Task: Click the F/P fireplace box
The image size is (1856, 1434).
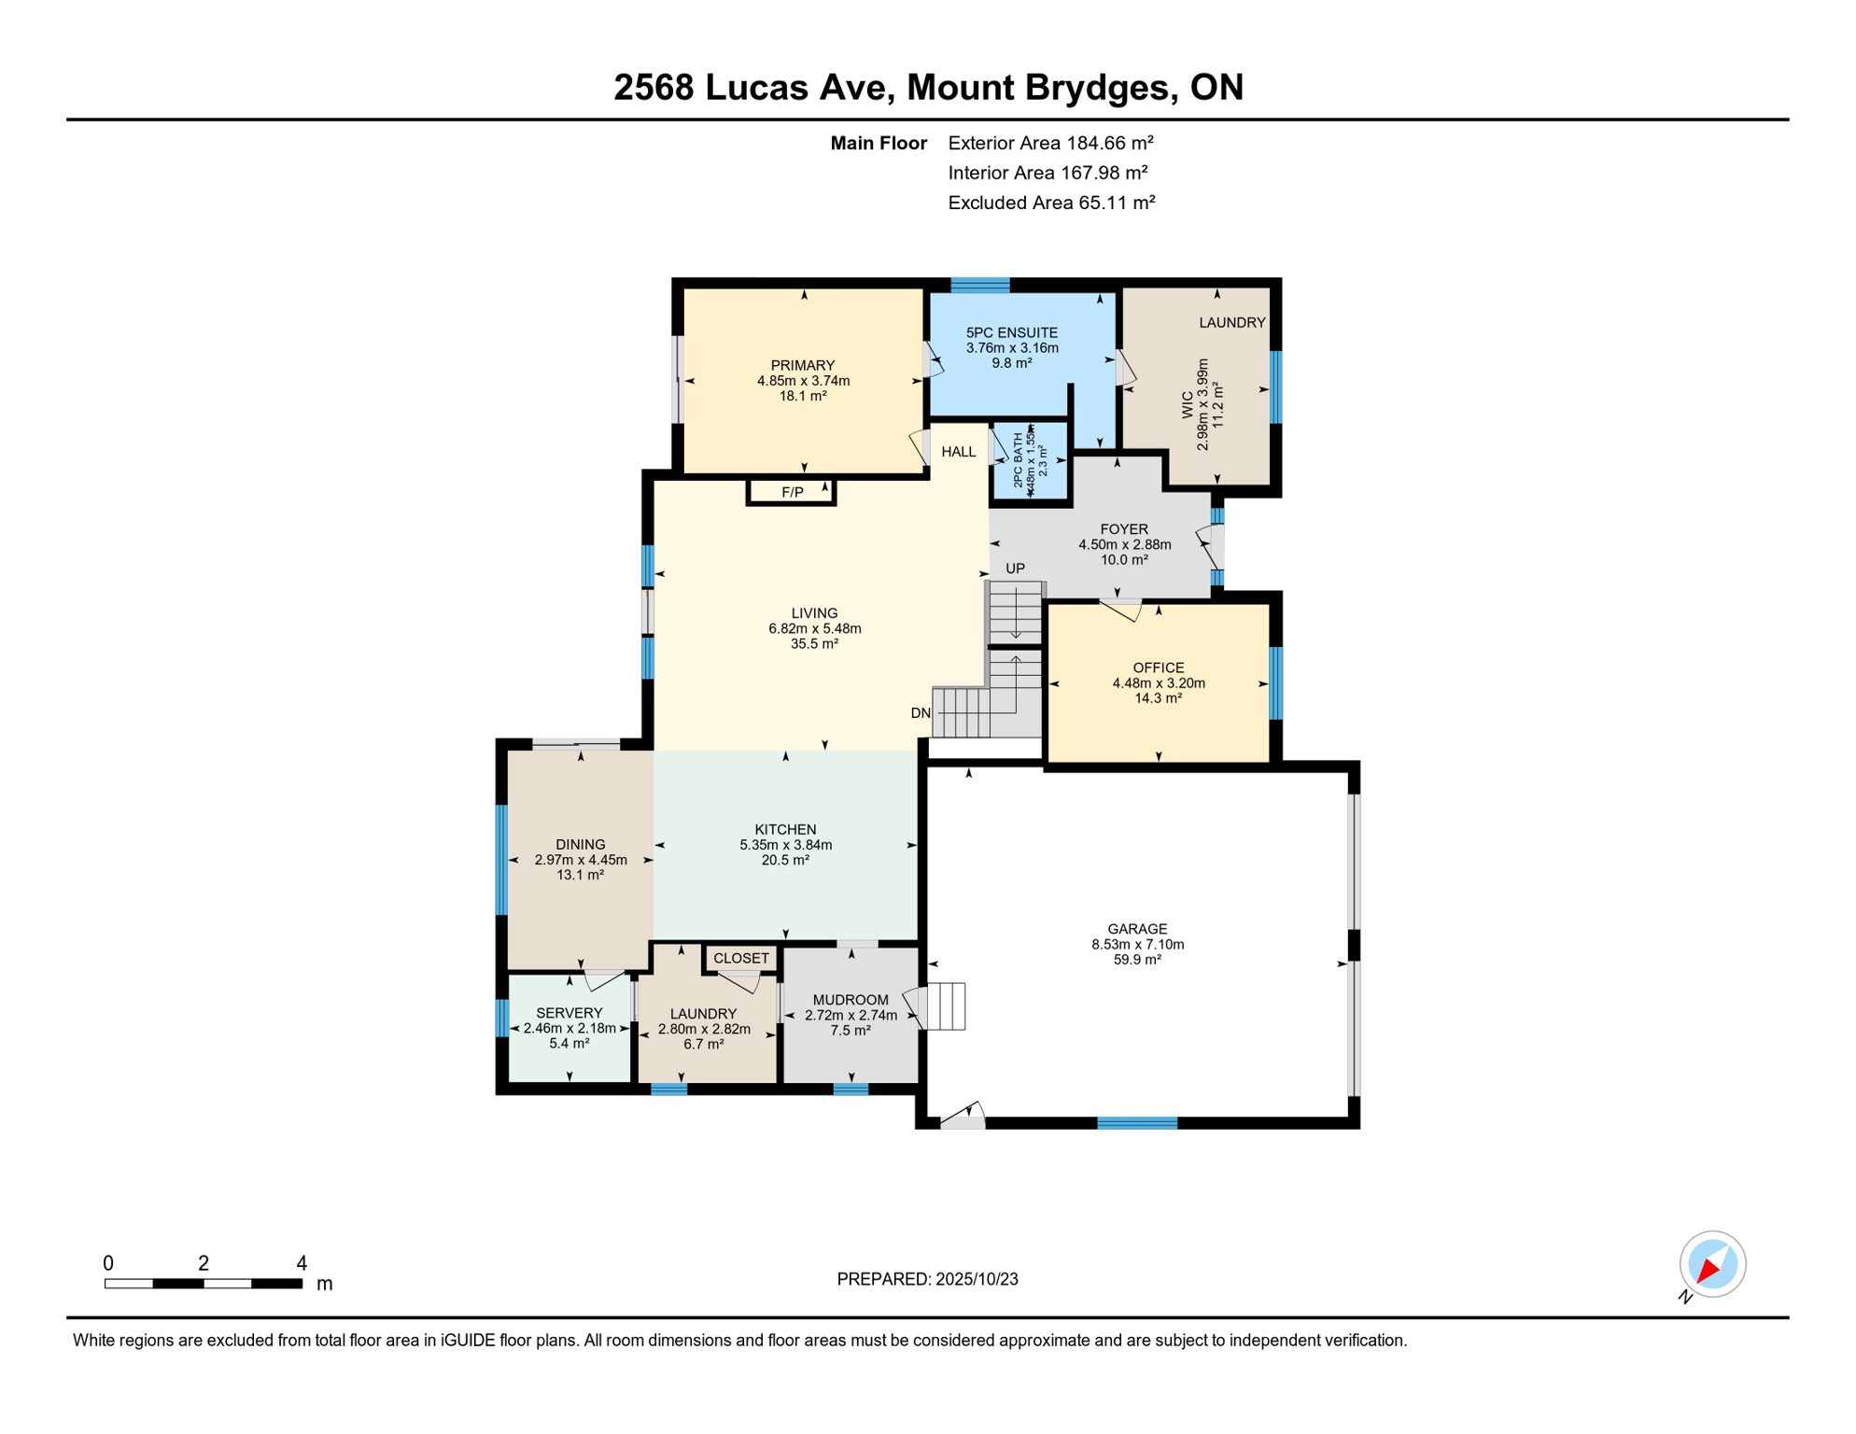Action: [x=791, y=492]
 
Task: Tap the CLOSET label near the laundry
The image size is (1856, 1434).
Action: [x=740, y=958]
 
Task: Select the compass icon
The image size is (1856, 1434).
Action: [x=1712, y=1264]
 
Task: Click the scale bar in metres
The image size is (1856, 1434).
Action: [x=204, y=1284]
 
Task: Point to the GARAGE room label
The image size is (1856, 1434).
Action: [x=1137, y=929]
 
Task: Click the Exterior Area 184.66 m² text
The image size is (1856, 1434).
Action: [x=1050, y=143]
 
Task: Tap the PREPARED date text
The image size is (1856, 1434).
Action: [x=927, y=1279]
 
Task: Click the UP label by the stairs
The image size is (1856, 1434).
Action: [x=1015, y=569]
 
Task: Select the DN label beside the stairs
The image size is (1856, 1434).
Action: [x=921, y=713]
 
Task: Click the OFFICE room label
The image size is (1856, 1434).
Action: [x=1158, y=668]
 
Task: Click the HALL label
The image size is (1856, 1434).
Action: [x=958, y=452]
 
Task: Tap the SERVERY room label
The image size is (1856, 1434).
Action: [x=569, y=1013]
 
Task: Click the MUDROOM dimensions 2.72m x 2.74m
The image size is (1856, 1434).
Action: [x=851, y=1016]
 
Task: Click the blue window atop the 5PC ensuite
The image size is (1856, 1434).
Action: [x=979, y=285]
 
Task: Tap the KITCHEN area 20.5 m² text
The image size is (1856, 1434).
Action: [x=785, y=861]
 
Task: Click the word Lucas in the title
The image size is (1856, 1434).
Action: [x=794, y=88]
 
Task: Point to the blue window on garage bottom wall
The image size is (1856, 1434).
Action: [x=1136, y=1123]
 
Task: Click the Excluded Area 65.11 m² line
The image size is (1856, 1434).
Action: [x=1051, y=203]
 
